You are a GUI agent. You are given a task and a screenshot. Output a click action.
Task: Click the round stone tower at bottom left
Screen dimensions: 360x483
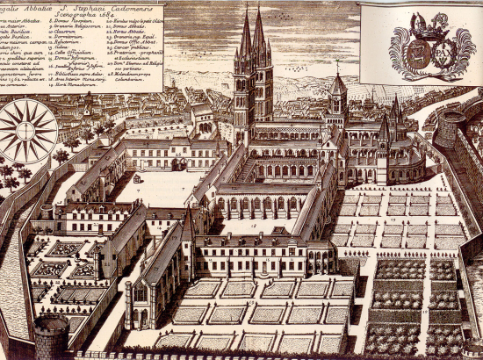click(50, 338)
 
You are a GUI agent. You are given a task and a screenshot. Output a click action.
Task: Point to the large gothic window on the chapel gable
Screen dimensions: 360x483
click(139, 292)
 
